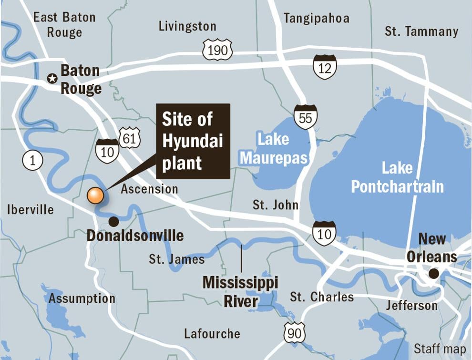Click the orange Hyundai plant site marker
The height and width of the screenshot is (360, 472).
95,195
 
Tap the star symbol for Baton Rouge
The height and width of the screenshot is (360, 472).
52,79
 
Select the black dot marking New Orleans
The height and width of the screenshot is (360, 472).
433,274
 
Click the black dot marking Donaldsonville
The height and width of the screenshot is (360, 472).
113,221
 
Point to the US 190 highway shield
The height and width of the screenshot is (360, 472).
217,50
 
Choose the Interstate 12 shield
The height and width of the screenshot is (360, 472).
325,67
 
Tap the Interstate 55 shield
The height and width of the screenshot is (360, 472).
305,117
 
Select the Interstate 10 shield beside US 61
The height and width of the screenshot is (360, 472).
107,151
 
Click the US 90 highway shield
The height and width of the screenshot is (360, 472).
294,333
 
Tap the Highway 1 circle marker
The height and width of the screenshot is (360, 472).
32,161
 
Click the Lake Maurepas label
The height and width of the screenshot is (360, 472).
274,149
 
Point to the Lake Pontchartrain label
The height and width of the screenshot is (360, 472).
397,177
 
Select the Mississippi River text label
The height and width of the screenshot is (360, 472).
240,291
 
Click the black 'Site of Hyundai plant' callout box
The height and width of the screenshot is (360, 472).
193,141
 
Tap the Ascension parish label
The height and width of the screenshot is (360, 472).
149,189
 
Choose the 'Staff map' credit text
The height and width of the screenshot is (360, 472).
440,349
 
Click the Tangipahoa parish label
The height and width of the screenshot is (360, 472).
316,18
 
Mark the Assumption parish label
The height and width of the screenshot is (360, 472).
82,298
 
